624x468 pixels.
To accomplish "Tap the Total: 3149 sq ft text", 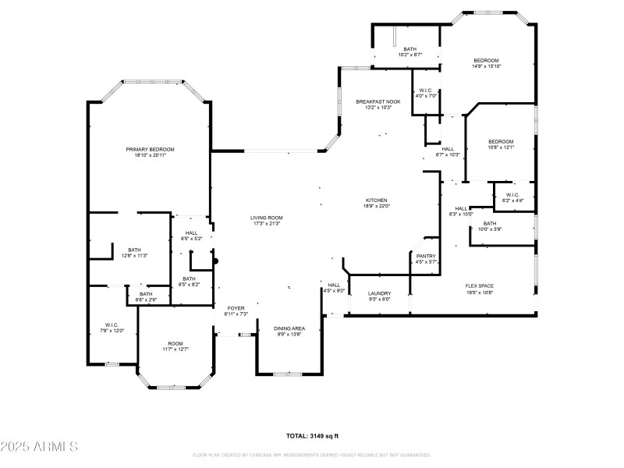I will point(312,436).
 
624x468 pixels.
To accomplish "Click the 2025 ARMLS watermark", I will point(39,447).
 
